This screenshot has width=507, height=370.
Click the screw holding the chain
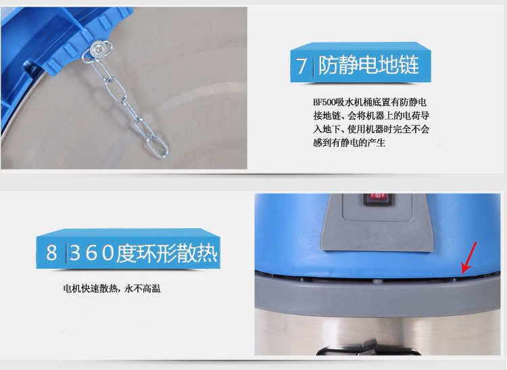point(97,49)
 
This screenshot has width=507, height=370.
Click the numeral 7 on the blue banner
point(301,65)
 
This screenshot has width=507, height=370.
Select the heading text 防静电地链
point(368,65)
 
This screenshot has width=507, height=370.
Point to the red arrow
point(468,257)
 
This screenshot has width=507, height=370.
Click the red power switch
point(377,199)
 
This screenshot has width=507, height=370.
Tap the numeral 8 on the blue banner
point(51,253)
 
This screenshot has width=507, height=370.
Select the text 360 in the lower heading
point(92,253)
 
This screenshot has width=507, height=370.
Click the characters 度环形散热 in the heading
point(167,253)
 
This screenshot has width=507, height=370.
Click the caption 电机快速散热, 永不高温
point(112,288)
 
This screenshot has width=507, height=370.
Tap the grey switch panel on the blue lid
point(377,223)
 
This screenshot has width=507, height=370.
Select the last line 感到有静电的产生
point(349,142)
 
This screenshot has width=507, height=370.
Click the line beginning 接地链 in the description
point(371,115)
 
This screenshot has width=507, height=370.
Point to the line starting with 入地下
point(371,129)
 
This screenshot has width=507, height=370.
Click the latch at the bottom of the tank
point(368,348)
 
